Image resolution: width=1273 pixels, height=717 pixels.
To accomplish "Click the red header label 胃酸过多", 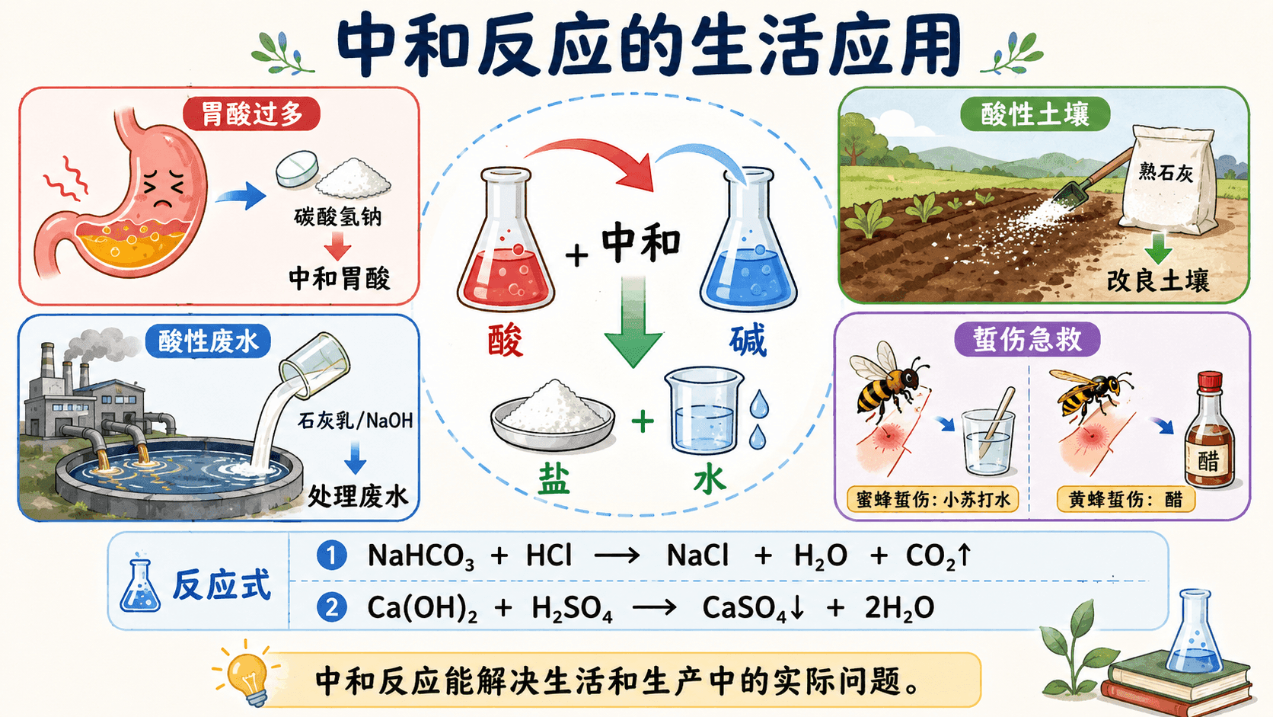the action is tap(251, 114).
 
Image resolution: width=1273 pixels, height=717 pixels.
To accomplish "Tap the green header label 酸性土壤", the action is tap(1035, 114).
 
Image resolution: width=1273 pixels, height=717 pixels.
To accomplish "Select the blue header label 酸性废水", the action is tap(208, 341).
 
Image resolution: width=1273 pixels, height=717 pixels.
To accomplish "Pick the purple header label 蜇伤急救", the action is tap(1028, 340).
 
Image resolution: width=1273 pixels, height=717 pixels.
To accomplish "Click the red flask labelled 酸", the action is tap(506, 241).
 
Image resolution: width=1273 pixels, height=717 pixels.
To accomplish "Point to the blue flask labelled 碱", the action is tap(748, 241).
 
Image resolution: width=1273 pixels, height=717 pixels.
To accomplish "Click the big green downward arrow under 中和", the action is tap(633, 322).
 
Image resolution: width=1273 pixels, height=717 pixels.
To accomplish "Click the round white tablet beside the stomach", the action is tap(297, 168).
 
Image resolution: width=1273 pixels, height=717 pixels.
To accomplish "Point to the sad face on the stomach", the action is tap(164, 189).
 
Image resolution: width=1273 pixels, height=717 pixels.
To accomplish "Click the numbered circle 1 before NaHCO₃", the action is tap(332, 555).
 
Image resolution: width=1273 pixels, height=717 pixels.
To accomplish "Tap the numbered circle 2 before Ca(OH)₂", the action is tap(332, 607).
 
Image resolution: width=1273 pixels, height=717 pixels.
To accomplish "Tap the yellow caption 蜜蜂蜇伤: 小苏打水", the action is tap(933, 500).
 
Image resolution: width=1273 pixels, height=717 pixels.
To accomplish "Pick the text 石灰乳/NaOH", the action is tap(356, 421).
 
